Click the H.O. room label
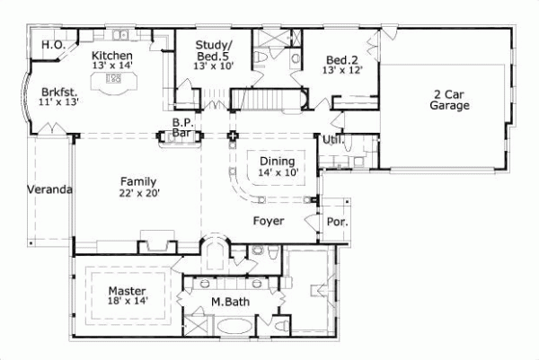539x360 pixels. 51,44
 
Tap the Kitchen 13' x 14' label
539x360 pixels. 113,59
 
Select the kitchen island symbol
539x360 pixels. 114,80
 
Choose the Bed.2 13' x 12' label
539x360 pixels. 343,66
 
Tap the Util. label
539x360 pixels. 332,140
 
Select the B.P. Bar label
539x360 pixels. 182,129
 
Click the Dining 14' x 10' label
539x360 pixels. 277,165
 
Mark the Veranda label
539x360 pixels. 49,190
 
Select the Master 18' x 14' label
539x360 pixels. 128,296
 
